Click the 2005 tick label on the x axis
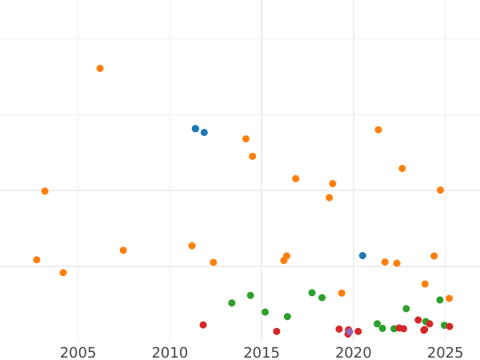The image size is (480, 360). click(x=78, y=352)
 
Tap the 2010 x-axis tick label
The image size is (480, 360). click(x=170, y=352)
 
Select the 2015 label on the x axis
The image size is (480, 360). click(x=262, y=352)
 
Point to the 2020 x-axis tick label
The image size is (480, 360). click(x=354, y=352)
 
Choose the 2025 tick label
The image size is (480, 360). click(x=446, y=352)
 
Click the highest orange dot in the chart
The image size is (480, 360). click(x=100, y=69)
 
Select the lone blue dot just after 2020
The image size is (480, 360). click(x=362, y=256)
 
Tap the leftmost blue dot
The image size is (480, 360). click(x=195, y=129)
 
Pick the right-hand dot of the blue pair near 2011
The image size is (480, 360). click(x=204, y=133)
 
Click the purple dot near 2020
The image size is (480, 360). click(x=349, y=331)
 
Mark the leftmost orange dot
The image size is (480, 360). click(x=37, y=260)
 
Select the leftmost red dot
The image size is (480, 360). click(x=203, y=325)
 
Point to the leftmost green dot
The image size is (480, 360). click(x=232, y=303)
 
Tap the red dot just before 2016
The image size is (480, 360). click(x=277, y=331)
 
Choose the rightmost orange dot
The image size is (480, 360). click(x=449, y=298)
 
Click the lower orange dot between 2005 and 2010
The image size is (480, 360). click(x=123, y=250)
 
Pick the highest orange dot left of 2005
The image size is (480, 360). click(x=45, y=191)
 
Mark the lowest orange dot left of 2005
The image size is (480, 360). click(x=63, y=273)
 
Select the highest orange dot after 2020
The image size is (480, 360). click(x=378, y=130)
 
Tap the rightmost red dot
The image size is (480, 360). click(x=450, y=326)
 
